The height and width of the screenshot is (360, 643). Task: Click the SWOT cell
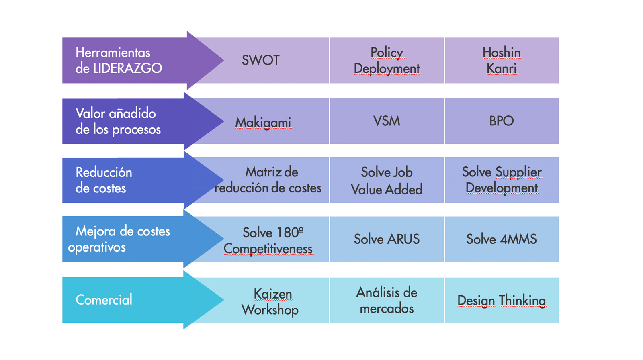coord(261,60)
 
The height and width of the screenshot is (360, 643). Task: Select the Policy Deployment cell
coord(387,60)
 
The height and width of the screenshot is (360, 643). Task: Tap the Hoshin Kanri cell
coord(502,60)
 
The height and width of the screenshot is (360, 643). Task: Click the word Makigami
coord(263,123)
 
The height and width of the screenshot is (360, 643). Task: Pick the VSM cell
coord(387,121)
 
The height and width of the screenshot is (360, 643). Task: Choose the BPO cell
coord(502,121)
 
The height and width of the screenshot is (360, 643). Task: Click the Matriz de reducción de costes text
coord(268,180)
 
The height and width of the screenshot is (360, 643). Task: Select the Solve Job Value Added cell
coord(387,180)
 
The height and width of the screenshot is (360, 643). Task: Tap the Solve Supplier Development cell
coord(502,180)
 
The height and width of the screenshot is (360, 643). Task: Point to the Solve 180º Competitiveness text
coord(268,241)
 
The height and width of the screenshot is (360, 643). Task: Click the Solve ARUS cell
coord(387,239)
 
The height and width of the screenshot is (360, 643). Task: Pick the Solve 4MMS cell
coord(502,239)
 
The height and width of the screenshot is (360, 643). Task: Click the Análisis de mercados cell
coord(387,300)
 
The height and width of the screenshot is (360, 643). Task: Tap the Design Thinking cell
coord(502,300)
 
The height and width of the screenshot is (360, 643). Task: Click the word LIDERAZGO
coord(127,68)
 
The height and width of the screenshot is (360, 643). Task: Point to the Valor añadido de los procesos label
coord(118,121)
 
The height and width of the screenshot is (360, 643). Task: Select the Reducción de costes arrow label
coord(104,180)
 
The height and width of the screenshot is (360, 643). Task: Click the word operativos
coord(97,247)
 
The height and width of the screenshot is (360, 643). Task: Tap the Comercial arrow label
coord(104,300)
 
